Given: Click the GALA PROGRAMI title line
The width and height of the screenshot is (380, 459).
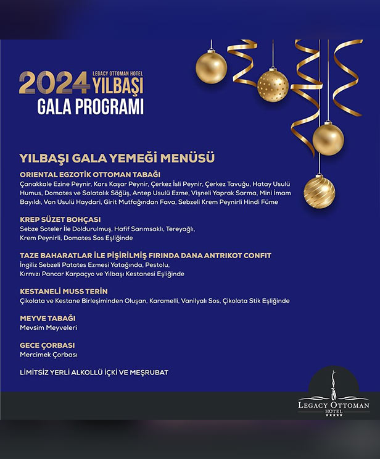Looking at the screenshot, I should (81, 106).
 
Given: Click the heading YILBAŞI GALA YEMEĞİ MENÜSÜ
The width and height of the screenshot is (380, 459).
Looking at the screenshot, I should (117, 158).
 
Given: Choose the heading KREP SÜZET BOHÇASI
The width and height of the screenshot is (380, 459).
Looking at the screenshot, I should (60, 219).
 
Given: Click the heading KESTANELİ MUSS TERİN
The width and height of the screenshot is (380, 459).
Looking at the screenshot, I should (64, 291).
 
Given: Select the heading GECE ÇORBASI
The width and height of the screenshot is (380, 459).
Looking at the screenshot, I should (47, 345).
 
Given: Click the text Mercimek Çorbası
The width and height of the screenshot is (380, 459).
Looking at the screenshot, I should (49, 355).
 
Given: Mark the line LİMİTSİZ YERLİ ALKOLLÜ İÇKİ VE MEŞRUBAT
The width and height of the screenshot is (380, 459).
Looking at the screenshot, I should (94, 373).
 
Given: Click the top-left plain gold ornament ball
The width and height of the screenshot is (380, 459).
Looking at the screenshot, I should (211, 67).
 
